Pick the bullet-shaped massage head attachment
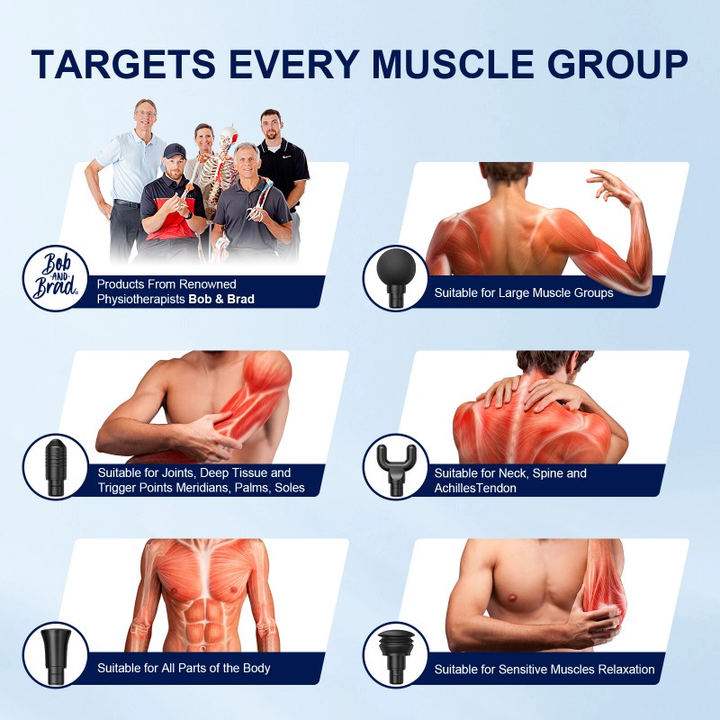click(x=57, y=465)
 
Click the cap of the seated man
click(x=174, y=150)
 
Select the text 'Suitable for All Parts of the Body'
click(x=184, y=668)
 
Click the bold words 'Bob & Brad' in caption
click(x=221, y=299)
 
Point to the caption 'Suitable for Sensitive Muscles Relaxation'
click(x=544, y=669)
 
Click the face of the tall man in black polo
click(x=271, y=125)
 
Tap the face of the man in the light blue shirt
click(x=145, y=115)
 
